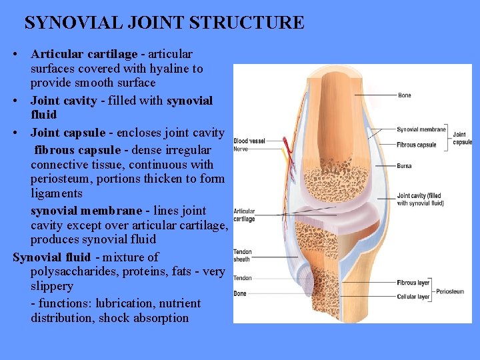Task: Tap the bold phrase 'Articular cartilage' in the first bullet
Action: click(84, 54)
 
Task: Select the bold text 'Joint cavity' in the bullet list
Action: click(63, 101)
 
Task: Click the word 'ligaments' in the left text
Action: click(57, 193)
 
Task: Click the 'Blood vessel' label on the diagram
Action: click(249, 141)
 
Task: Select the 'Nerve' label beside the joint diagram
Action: click(241, 149)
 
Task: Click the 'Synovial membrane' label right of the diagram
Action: click(421, 129)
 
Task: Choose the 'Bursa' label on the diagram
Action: click(404, 166)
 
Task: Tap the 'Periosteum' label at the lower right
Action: click(450, 291)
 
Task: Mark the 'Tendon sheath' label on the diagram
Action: click(242, 256)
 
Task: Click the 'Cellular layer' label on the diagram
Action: click(413, 297)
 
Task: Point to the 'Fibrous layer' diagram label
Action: click(413, 283)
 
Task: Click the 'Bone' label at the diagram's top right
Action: click(404, 95)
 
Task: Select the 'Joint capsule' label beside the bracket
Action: click(462, 138)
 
